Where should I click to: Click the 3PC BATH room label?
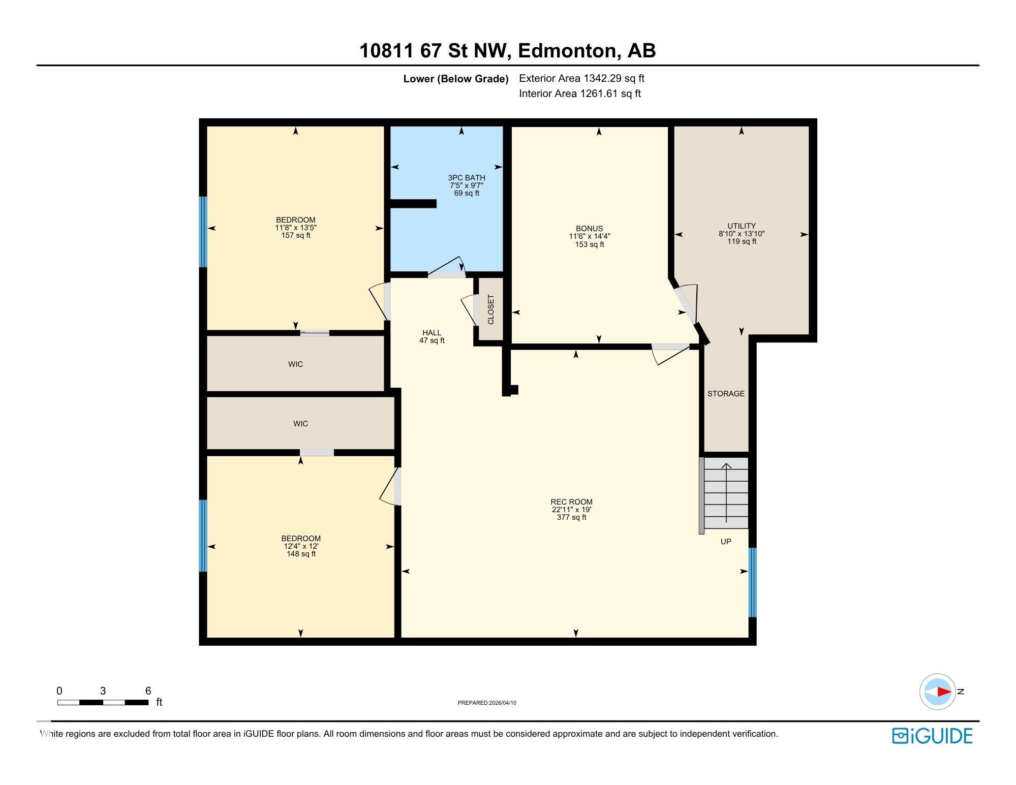[466, 178]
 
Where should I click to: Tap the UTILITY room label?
[742, 226]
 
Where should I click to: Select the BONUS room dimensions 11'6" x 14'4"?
[590, 236]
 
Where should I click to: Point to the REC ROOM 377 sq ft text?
[572, 517]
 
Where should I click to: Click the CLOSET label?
[491, 309]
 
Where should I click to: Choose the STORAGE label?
[726, 394]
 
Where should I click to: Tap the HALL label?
[432, 333]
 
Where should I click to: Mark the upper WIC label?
[295, 364]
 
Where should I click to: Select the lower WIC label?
[300, 424]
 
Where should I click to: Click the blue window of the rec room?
[753, 582]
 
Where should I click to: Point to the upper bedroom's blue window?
[203, 232]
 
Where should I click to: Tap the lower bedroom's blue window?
[203, 536]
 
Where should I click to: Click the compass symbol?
[938, 692]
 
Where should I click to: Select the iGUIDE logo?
[932, 736]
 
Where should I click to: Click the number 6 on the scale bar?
[148, 690]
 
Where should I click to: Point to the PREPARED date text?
[487, 703]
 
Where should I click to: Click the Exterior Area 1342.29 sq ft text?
[581, 78]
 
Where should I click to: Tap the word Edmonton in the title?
[567, 51]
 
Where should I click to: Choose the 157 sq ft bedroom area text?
[296, 235]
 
